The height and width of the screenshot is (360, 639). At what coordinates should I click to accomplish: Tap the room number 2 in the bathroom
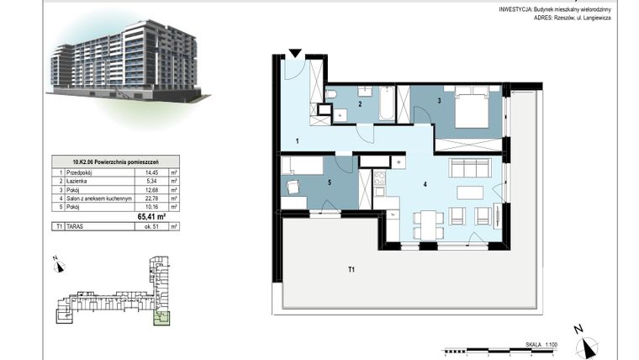[360, 104]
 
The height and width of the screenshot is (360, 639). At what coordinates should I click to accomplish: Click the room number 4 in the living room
[425, 183]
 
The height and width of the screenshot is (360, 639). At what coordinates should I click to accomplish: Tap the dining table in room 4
[429, 219]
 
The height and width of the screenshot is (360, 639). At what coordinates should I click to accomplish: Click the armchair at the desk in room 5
[293, 188]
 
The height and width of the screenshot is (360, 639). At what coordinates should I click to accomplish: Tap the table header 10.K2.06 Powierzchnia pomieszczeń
[112, 160]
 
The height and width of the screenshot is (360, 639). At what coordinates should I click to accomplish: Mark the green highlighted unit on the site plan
[161, 317]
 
